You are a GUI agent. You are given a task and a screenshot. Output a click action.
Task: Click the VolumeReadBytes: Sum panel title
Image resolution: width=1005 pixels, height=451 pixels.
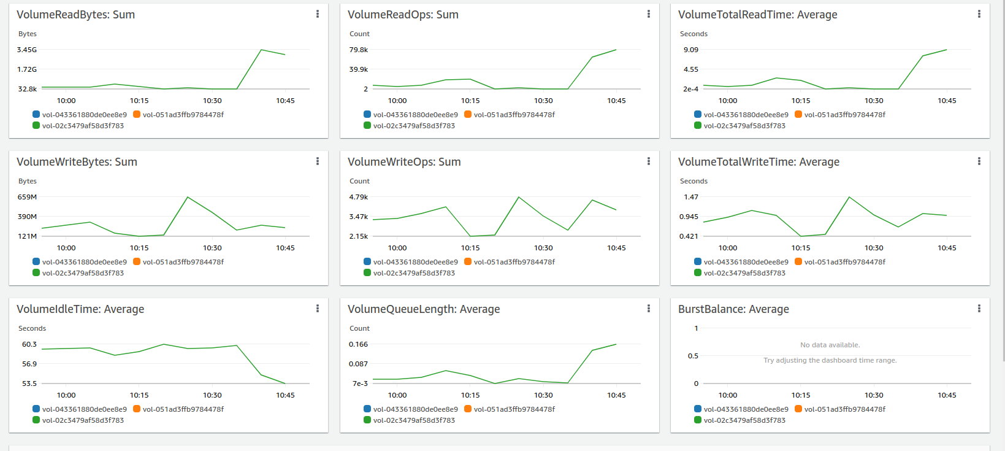(x=75, y=15)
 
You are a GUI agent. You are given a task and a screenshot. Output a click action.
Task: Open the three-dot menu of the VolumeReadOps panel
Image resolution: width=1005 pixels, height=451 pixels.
(x=648, y=14)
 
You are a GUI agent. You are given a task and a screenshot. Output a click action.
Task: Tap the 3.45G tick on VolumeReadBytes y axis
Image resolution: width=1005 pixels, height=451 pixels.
(x=27, y=50)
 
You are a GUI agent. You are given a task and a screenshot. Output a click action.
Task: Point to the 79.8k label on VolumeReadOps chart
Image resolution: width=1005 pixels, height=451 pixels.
(x=359, y=50)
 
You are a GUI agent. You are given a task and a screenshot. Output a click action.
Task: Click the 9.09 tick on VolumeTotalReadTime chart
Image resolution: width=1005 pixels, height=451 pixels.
(x=691, y=50)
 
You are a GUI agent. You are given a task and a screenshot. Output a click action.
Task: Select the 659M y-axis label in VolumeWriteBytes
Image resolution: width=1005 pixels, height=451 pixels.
(x=27, y=197)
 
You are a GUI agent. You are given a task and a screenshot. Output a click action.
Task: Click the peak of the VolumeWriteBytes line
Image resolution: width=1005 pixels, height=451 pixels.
(x=188, y=197)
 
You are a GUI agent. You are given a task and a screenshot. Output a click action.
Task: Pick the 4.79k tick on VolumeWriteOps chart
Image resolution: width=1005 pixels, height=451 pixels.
(x=359, y=197)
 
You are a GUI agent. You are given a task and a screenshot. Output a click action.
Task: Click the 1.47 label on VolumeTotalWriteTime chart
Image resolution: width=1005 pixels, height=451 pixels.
(x=691, y=197)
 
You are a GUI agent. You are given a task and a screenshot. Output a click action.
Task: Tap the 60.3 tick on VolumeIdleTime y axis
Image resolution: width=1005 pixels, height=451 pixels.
(x=29, y=344)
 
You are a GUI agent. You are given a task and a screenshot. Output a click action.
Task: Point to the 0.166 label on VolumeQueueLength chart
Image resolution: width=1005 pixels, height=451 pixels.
(x=358, y=344)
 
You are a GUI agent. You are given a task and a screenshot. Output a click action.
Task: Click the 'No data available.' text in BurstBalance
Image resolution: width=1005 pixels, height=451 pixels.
(x=830, y=345)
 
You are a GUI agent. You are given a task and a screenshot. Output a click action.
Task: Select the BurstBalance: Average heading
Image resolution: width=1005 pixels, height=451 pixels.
(x=733, y=309)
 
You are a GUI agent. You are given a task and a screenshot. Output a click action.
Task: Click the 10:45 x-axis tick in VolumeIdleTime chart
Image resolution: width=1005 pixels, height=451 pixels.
(x=285, y=395)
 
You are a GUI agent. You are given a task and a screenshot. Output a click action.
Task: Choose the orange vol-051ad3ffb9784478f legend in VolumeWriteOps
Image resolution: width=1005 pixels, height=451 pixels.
(x=514, y=262)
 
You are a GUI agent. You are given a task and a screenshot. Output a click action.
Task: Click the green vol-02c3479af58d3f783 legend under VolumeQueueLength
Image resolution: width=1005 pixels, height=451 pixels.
(x=414, y=420)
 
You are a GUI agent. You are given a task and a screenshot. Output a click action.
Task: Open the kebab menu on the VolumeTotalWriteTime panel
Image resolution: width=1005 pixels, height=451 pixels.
(x=979, y=161)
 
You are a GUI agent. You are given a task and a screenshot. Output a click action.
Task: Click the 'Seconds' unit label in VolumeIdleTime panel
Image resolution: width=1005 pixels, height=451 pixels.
(x=32, y=328)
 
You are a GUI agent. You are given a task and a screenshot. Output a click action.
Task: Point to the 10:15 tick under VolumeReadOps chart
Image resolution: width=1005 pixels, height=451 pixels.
(x=470, y=101)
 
